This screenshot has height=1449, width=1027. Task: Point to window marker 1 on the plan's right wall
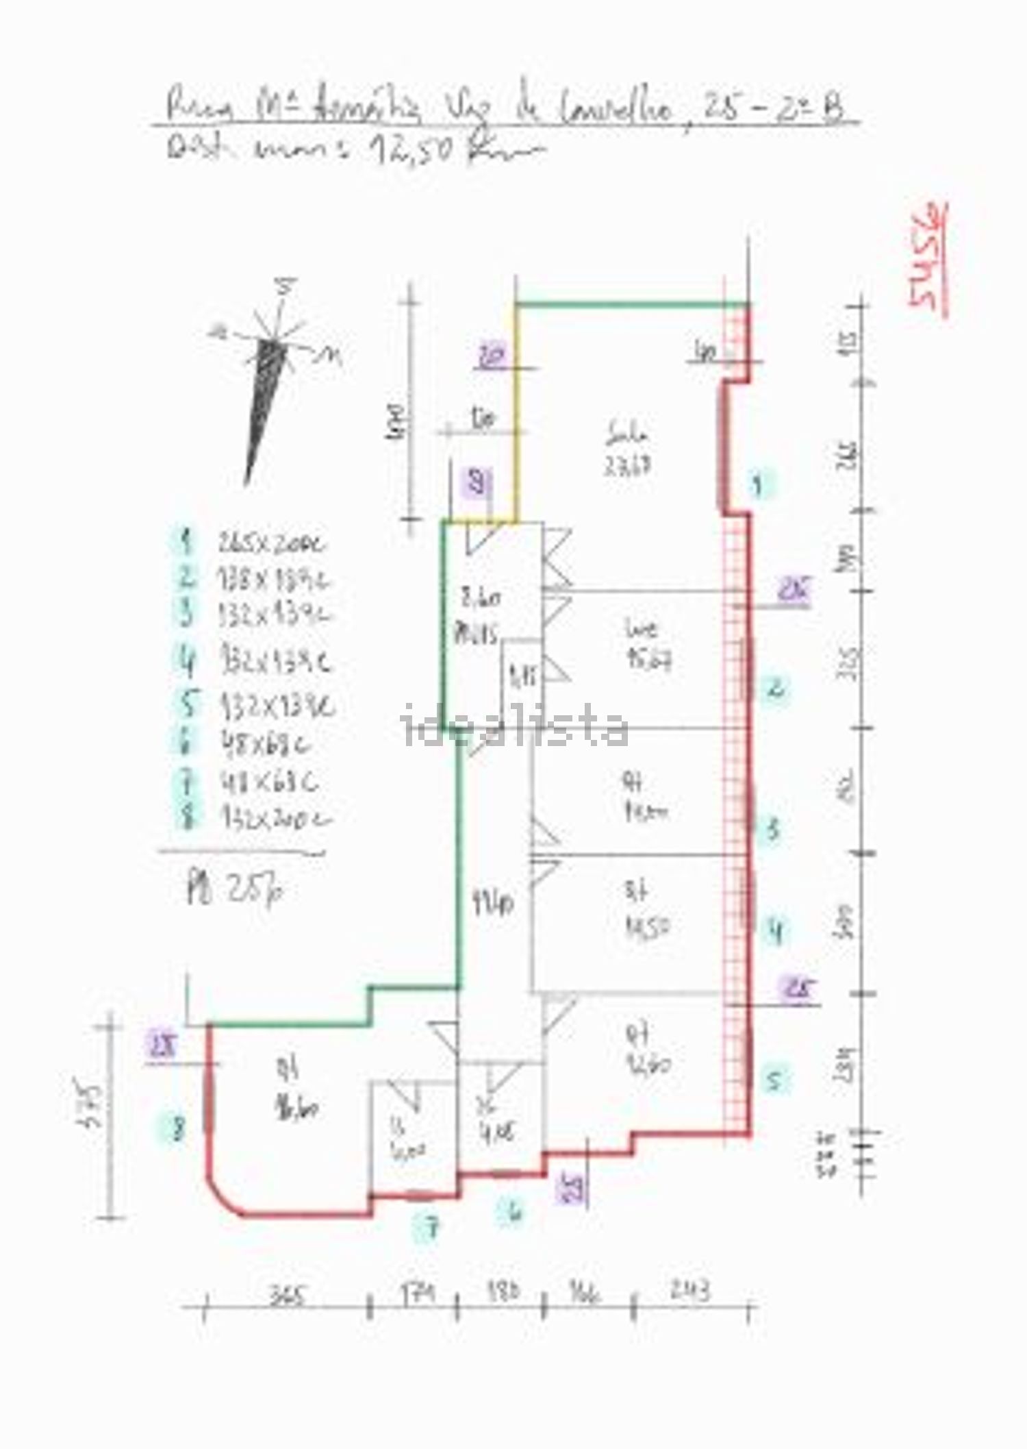(x=757, y=486)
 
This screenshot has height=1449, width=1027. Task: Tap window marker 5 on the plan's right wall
(x=774, y=1080)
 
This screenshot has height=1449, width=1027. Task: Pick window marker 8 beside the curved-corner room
(x=178, y=1127)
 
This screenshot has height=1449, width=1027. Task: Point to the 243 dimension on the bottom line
(x=690, y=1291)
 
